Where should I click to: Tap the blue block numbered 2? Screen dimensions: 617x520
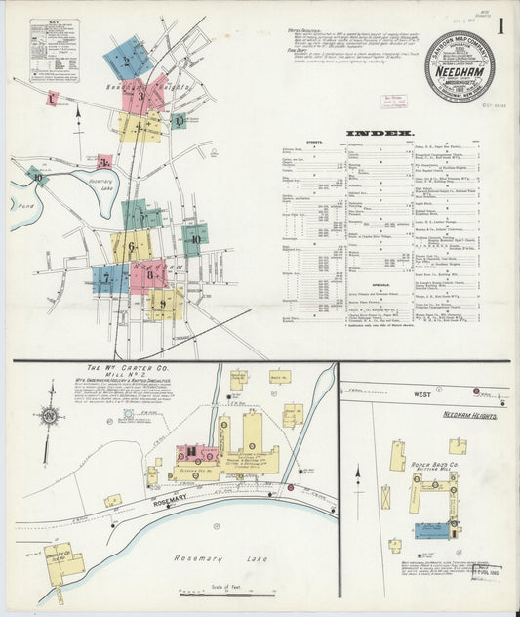(127, 60)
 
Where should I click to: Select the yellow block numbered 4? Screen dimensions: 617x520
(140, 126)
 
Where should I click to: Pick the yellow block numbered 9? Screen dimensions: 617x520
(164, 304)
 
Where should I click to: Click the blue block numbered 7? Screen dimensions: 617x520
(108, 279)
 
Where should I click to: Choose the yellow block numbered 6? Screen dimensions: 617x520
(131, 246)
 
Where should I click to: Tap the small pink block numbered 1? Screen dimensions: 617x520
(51, 99)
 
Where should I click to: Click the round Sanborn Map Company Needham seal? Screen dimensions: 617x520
(459, 65)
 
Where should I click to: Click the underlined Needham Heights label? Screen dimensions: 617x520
(471, 416)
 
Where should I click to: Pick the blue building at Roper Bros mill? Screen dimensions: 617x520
(432, 530)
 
